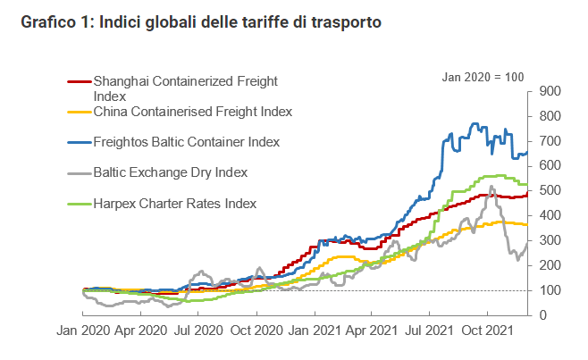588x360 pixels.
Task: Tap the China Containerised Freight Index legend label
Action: [x=193, y=112]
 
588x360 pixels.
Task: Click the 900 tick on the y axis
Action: [x=549, y=91]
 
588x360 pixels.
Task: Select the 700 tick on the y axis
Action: [x=549, y=141]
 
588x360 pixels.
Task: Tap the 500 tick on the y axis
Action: [x=549, y=191]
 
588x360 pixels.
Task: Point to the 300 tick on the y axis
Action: [x=549, y=241]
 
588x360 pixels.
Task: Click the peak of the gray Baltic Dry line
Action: [x=491, y=187]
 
